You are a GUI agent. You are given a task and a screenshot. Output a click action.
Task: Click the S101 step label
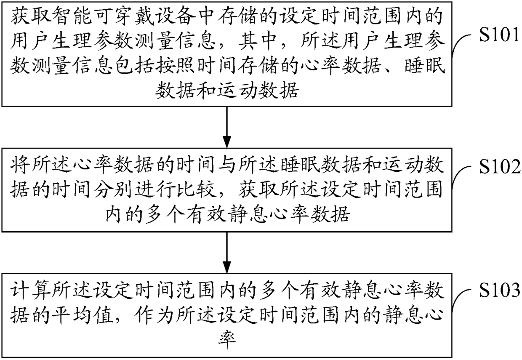tap(499, 35)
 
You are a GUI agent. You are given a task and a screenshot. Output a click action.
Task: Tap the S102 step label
tap(499, 166)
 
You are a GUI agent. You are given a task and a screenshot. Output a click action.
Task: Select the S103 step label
tap(499, 291)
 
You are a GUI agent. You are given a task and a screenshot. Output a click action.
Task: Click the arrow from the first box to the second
tap(227, 127)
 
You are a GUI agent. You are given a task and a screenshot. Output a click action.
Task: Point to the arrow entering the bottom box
tap(227, 253)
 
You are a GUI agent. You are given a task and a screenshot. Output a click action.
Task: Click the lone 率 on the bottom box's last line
tap(227, 341)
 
